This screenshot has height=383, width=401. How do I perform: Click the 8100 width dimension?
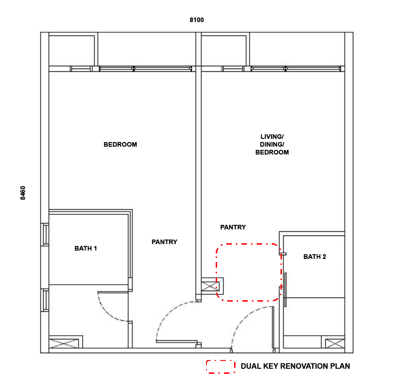click(197, 20)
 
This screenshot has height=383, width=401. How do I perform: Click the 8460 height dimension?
click(23, 193)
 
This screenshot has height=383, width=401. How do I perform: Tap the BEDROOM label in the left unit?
click(120, 144)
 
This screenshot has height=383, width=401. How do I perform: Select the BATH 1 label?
click(86, 248)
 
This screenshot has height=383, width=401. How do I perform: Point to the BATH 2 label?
click(315, 257)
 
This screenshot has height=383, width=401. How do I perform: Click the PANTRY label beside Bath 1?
click(165, 242)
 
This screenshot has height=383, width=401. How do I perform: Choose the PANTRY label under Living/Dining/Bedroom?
click(233, 227)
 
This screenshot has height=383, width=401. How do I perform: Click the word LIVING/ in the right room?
click(272, 137)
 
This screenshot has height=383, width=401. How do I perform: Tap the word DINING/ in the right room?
click(272, 144)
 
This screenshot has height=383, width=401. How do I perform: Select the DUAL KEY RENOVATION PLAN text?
click(295, 366)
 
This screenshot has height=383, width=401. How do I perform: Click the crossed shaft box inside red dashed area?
click(210, 286)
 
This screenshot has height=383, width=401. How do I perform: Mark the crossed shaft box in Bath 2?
click(335, 343)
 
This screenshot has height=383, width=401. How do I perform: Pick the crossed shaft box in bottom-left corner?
click(63, 343)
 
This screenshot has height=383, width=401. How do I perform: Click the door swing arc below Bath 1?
click(108, 311)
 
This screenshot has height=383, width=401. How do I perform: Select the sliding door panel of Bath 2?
click(286, 290)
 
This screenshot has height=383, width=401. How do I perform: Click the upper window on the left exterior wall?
click(45, 234)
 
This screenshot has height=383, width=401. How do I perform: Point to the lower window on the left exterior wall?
click(45, 300)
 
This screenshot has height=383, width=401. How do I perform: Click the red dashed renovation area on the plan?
click(216, 272)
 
